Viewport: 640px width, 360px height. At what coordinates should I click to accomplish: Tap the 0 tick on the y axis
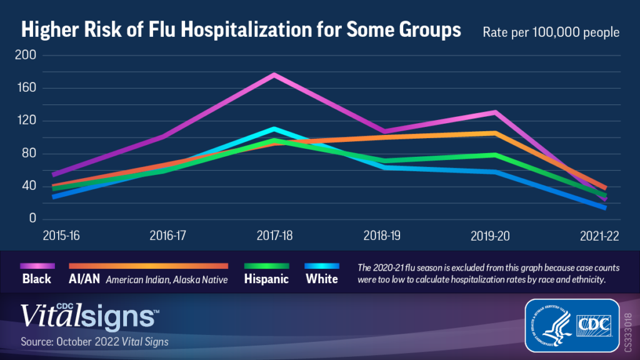pos(32,219)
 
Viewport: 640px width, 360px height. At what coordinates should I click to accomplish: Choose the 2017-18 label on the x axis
pos(276,236)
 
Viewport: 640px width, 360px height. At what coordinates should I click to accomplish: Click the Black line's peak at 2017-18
pos(274,74)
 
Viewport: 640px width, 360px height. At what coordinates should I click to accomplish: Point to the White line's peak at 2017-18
pos(274,129)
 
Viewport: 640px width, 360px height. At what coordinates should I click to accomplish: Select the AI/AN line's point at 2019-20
pos(494,133)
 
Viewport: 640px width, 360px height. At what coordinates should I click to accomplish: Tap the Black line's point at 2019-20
pos(494,112)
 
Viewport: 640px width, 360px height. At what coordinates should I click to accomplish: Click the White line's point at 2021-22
pos(604,207)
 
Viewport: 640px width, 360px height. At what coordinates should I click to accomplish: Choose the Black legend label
pos(37,279)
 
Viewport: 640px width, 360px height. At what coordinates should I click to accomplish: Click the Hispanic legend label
pos(266,279)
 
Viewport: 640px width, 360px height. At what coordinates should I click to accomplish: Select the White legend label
pos(322,279)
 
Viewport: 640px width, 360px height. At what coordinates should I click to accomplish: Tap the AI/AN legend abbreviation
pos(85,279)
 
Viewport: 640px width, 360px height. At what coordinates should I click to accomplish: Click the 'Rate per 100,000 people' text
pos(551,32)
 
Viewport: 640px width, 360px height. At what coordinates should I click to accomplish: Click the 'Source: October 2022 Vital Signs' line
pos(94,342)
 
